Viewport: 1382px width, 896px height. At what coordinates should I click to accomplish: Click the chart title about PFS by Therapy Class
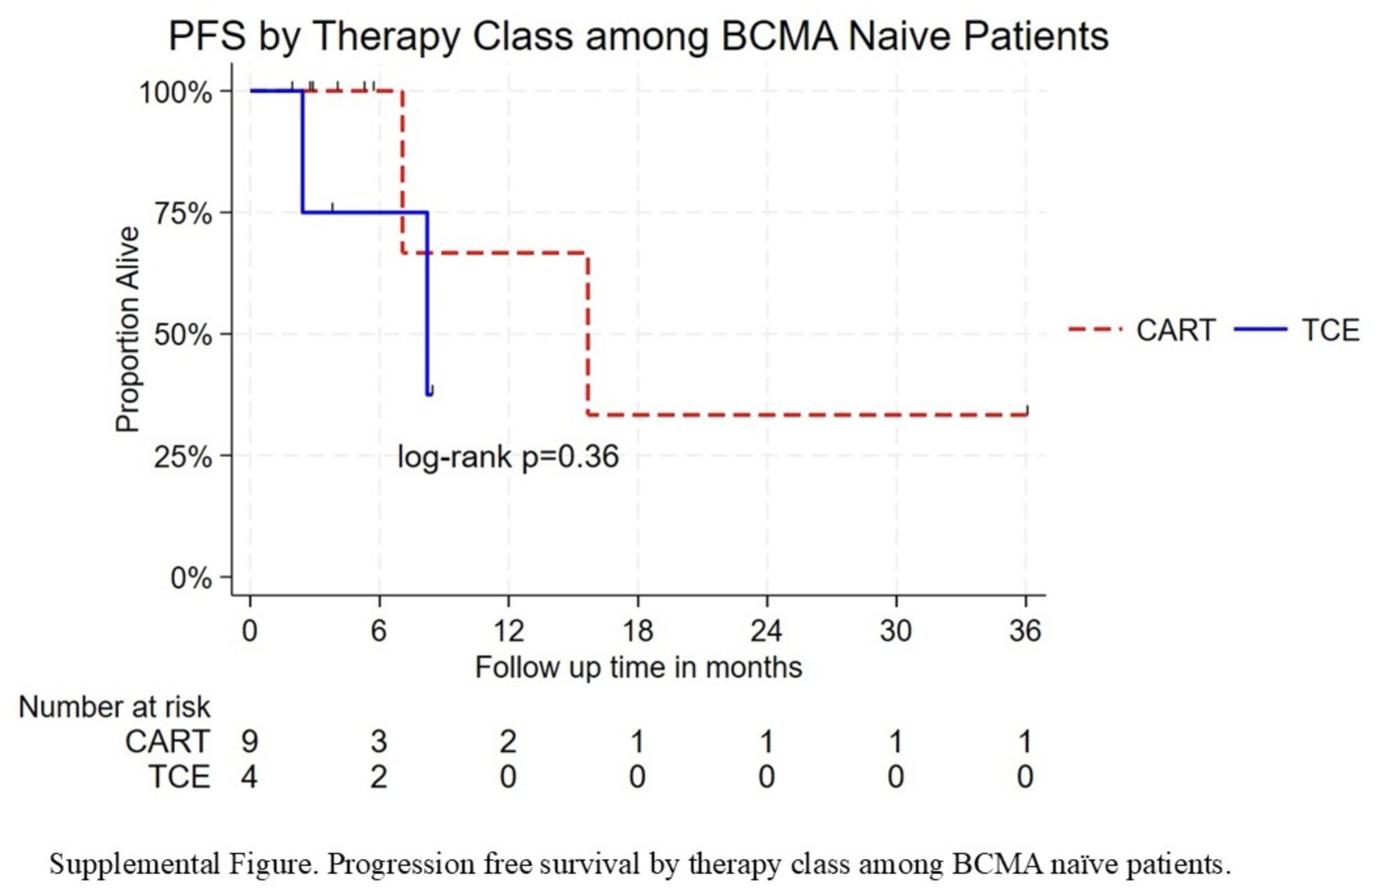point(638,36)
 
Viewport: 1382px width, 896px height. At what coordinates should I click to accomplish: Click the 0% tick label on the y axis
point(191,578)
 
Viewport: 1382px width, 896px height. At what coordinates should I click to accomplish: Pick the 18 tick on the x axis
point(638,630)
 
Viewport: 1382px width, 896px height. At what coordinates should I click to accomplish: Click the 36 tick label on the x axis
point(1025,630)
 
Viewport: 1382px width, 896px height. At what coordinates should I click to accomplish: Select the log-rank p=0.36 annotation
point(507,457)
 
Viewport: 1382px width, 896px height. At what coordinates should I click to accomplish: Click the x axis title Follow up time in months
point(638,668)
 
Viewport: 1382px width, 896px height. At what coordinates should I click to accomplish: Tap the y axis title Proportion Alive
point(127,330)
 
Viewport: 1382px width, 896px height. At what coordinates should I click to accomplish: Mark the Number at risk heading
point(114,707)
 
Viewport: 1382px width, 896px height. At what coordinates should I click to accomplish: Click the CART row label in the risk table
point(167,742)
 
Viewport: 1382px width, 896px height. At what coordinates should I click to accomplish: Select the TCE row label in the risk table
point(180,777)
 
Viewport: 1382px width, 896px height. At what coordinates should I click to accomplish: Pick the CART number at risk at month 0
point(250,742)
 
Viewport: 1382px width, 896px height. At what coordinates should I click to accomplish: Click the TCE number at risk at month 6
point(379,777)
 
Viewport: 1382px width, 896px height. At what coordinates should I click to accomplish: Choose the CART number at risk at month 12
point(508,742)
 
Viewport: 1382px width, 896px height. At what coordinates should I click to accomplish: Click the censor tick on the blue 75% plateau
point(332,208)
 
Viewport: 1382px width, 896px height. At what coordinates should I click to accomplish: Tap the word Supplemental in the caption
point(134,865)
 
